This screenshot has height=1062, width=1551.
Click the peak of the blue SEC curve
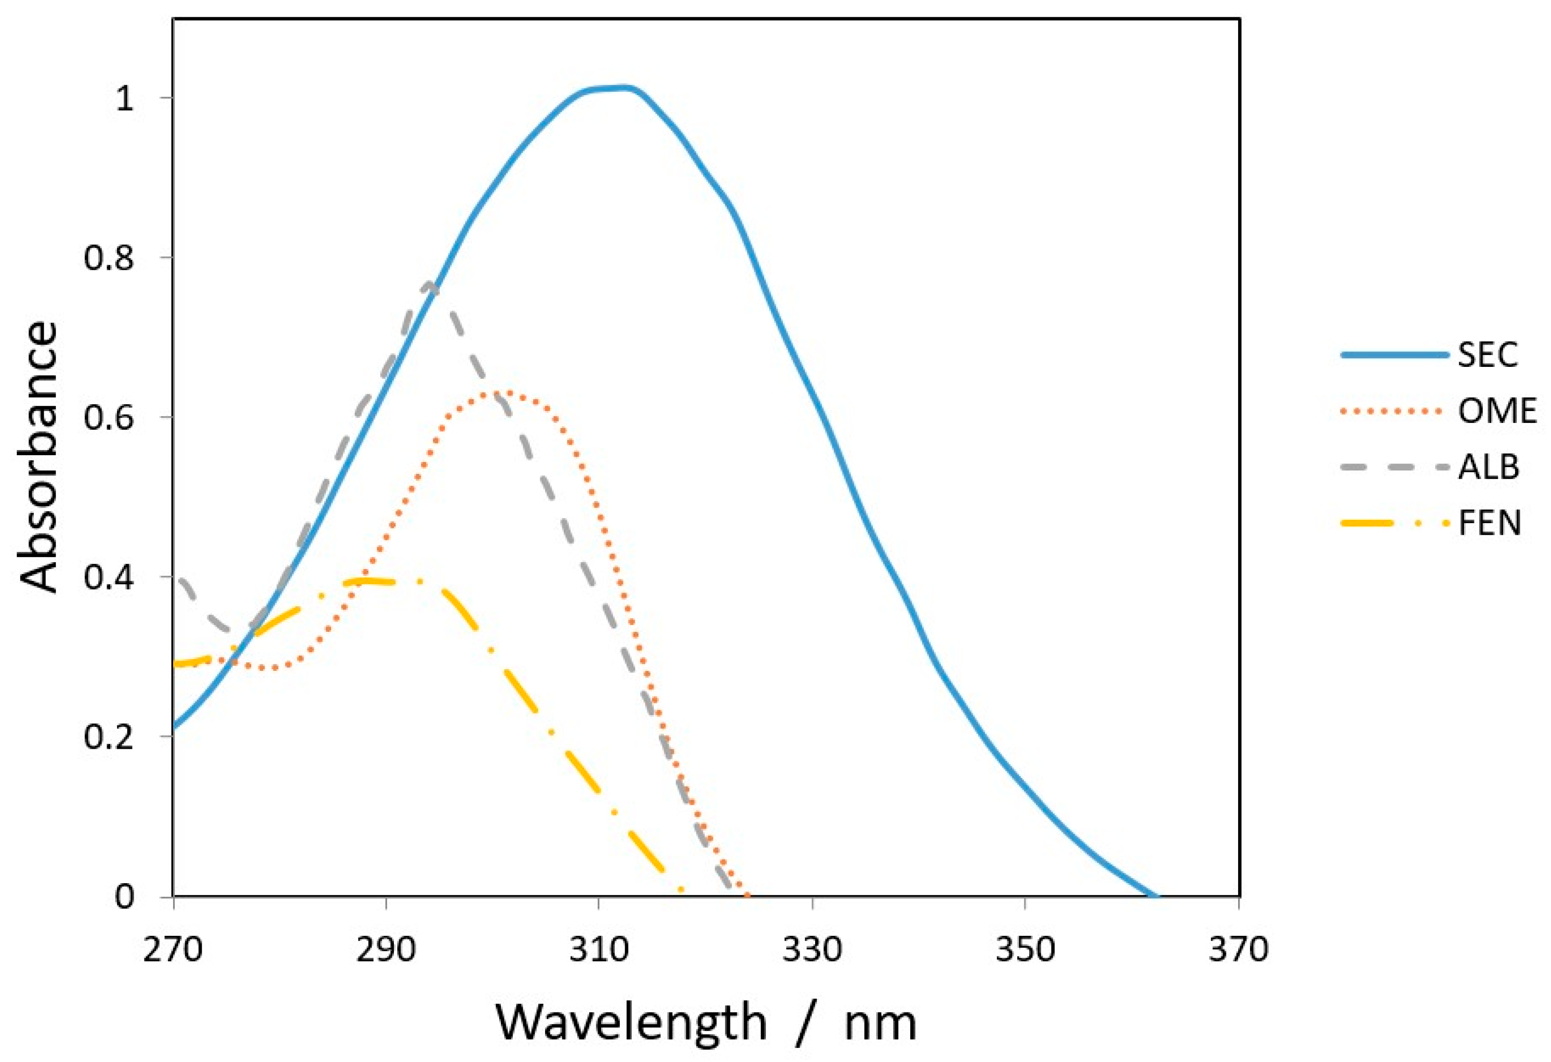pyautogui.click(x=618, y=88)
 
